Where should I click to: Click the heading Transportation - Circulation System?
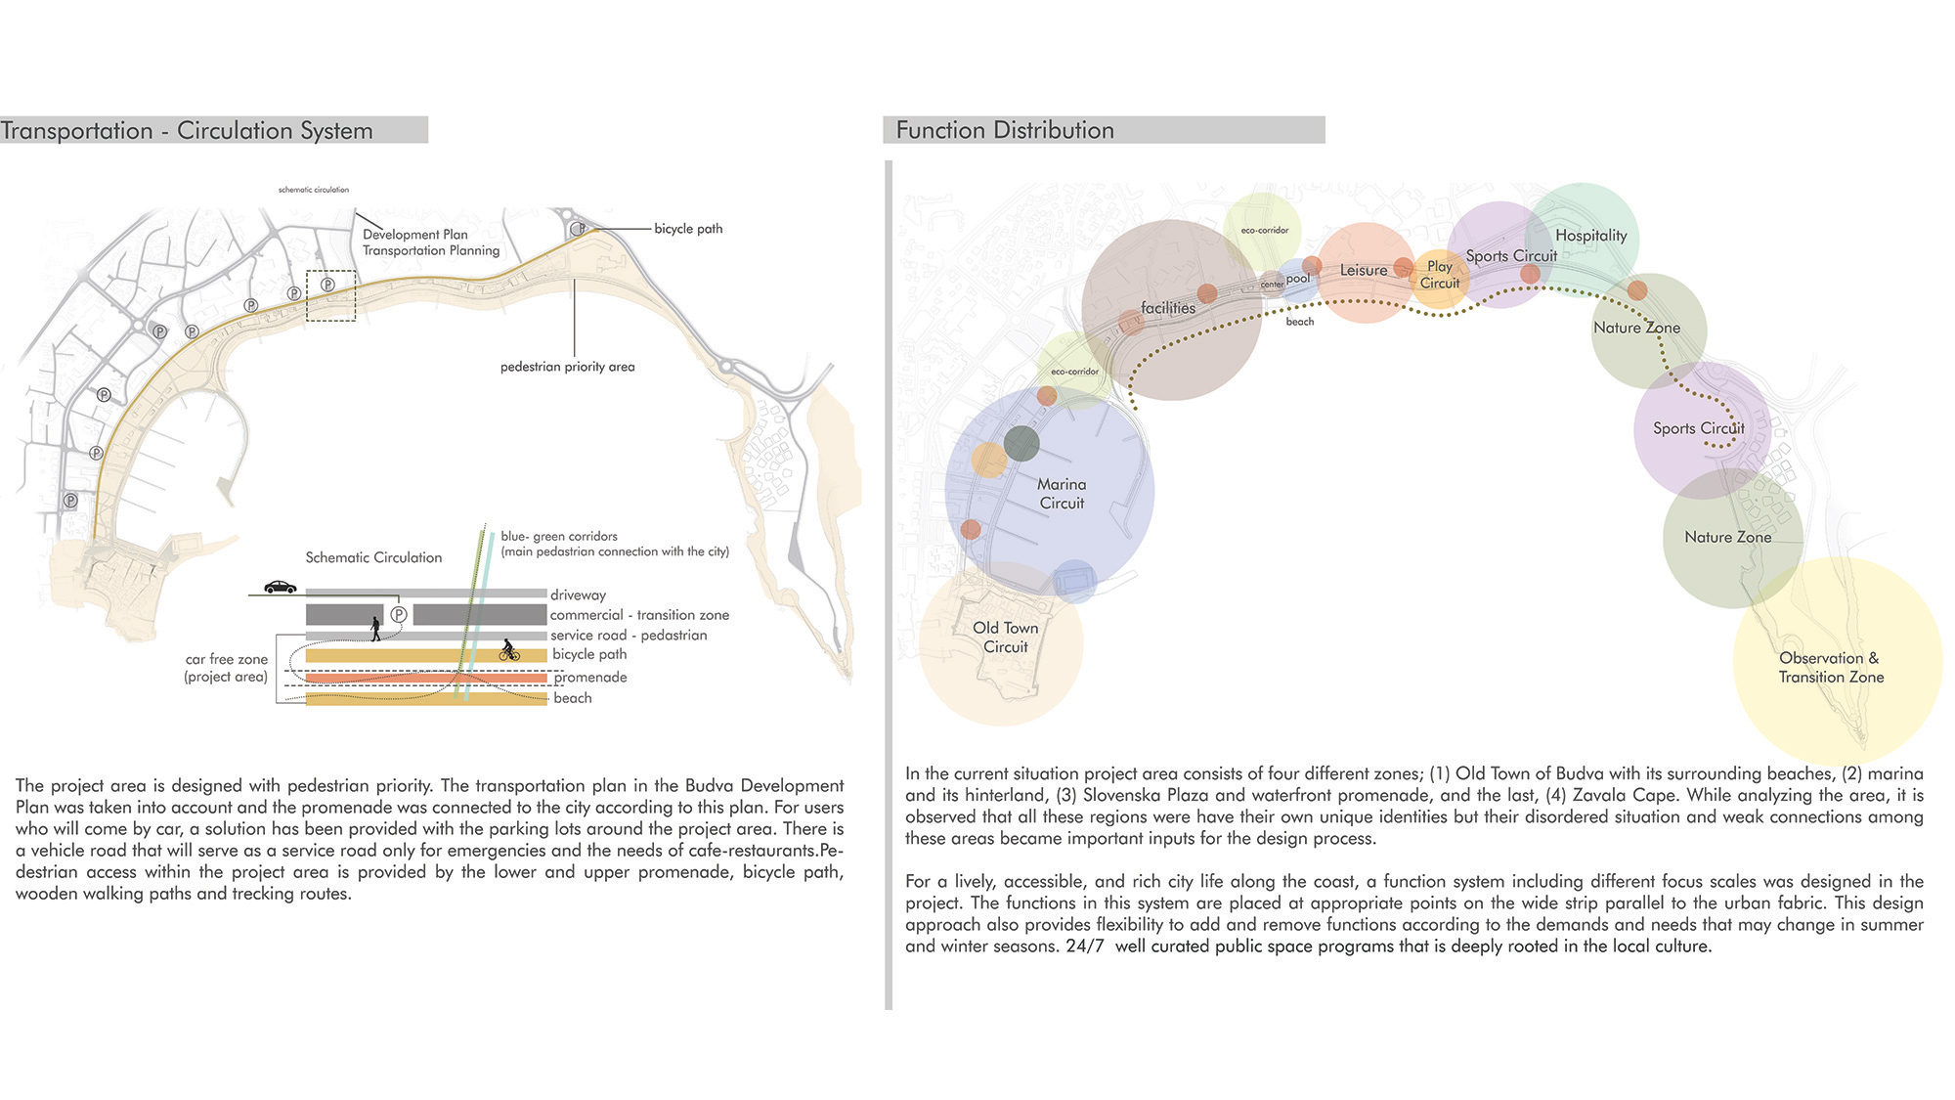187,131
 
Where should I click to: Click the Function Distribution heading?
1005,130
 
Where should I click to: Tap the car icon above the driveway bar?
280,587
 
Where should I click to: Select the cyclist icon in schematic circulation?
509,650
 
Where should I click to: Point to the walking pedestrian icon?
375,629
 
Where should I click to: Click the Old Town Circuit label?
1005,638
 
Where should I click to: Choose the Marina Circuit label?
1062,494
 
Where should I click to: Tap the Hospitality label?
1590,236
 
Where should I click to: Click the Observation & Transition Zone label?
1830,668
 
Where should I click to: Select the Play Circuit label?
1439,275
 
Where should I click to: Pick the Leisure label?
1363,271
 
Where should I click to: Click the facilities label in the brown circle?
1168,308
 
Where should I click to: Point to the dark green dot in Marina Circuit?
1021,443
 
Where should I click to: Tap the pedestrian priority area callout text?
567,367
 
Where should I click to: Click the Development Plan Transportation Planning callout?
430,242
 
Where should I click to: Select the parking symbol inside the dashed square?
328,285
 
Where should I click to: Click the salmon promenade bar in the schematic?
426,678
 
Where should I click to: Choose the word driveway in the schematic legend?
578,594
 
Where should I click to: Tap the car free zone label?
226,668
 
